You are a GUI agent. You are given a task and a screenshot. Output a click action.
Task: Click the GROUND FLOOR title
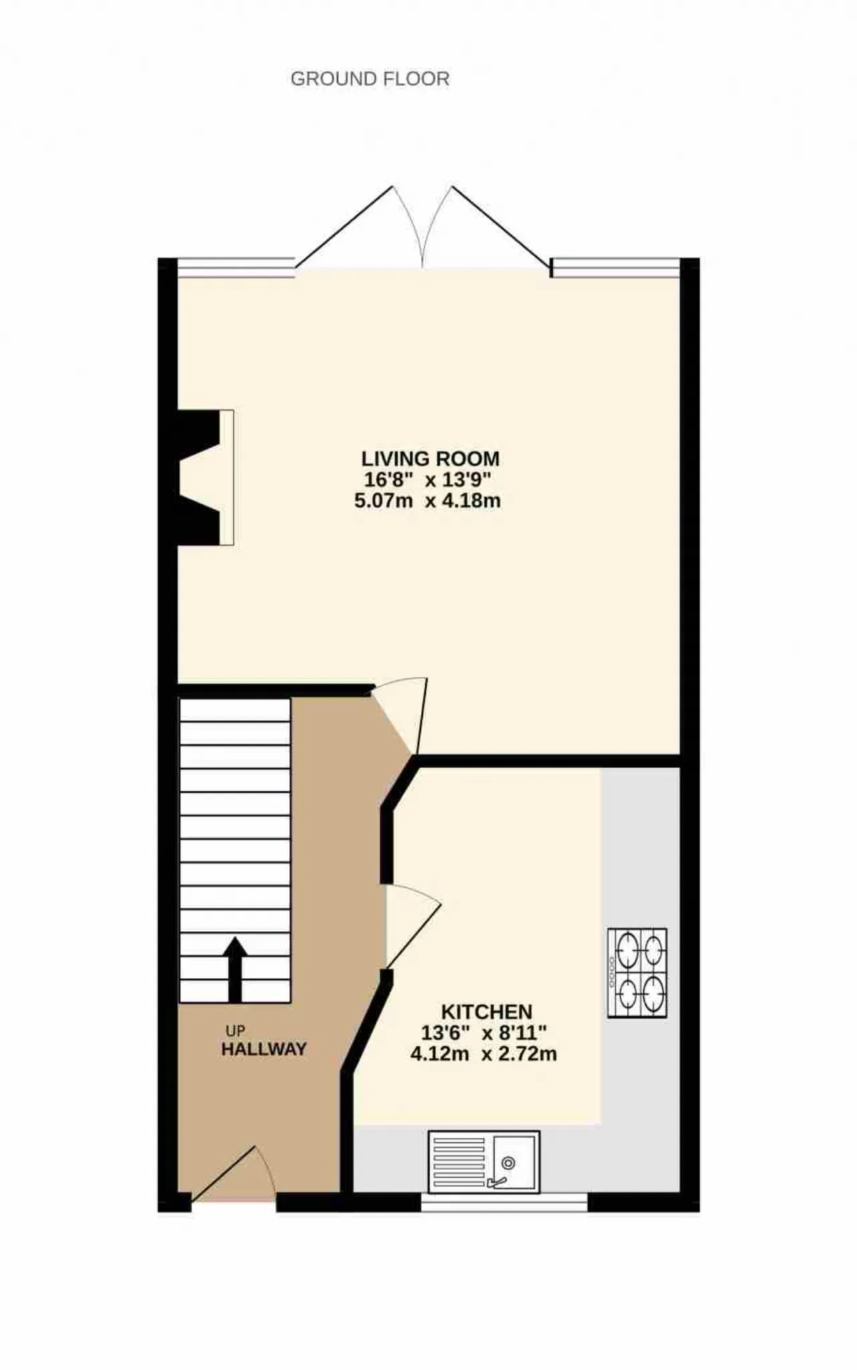click(x=370, y=79)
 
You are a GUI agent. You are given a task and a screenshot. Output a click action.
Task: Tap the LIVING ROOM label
click(x=431, y=459)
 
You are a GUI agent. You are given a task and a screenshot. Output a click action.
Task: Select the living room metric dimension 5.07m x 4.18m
click(x=428, y=500)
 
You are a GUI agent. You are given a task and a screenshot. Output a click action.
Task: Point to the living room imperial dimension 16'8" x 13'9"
click(x=428, y=480)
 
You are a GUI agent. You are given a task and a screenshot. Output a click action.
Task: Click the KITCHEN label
click(x=487, y=1012)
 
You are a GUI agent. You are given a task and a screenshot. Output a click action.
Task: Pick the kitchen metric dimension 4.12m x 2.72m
click(x=483, y=1054)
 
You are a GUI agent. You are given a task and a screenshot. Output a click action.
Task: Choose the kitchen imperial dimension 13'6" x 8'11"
click(x=484, y=1032)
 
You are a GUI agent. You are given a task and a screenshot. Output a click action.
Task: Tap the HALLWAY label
click(x=264, y=1049)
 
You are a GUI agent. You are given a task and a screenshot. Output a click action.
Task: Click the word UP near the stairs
click(x=235, y=1030)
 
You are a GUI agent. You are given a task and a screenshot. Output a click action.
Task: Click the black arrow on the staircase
click(x=234, y=969)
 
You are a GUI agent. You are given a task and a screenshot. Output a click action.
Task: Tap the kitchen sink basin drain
click(x=508, y=1163)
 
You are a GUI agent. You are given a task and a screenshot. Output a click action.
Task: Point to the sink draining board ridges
click(x=459, y=1162)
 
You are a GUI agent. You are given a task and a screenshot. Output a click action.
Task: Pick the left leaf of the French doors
click(x=360, y=228)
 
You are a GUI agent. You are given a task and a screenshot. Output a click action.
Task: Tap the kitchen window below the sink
click(x=504, y=1202)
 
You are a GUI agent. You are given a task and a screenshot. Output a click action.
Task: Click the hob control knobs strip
click(x=612, y=973)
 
